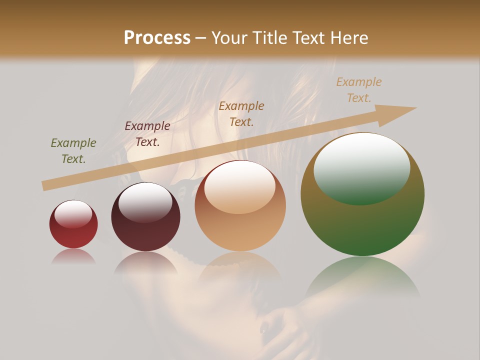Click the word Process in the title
tap(157, 37)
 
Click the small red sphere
tap(73, 224)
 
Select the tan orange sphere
tap(240, 206)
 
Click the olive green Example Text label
tap(73, 151)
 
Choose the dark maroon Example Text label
tap(147, 134)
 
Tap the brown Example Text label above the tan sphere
tap(241, 113)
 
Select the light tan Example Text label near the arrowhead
tap(359, 89)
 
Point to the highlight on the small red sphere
tap(73, 214)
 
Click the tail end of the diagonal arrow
tap(46, 185)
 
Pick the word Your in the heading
tap(227, 37)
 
